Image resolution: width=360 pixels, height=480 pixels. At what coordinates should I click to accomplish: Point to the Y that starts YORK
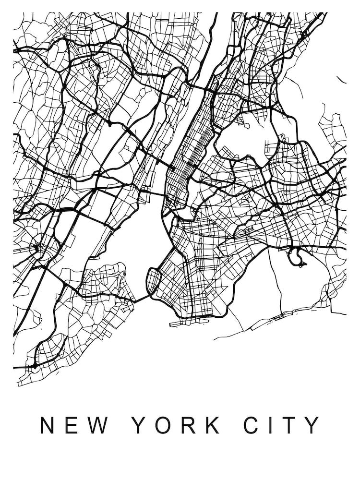[139, 425]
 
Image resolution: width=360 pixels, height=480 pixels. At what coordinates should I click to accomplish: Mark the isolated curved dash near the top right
[341, 79]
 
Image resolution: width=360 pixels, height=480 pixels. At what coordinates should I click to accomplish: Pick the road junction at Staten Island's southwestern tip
[35, 366]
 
